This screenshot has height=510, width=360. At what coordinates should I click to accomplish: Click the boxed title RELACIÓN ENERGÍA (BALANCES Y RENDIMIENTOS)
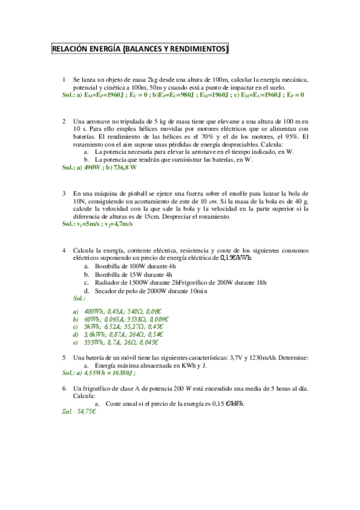140,49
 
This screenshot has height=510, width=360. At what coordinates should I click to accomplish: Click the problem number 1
64,79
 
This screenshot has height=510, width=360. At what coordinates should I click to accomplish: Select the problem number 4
64,250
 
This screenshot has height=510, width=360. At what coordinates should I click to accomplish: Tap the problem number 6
64,389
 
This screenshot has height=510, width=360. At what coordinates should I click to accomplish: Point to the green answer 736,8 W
123,168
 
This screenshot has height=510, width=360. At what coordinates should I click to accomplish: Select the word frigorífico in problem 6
100,389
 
